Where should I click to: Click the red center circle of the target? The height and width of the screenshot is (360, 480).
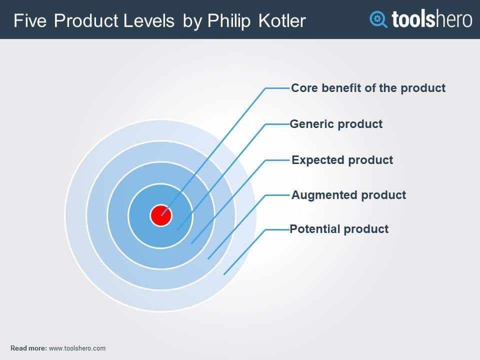point(160,215)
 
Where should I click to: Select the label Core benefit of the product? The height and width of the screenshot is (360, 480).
point(368,88)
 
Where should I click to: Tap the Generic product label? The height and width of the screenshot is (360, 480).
point(336,124)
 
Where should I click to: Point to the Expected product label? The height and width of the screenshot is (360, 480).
point(342,160)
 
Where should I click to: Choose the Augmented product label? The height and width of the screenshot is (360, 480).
point(348,195)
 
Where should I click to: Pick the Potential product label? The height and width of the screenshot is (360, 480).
point(339,229)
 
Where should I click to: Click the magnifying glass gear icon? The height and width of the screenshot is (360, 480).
point(378,19)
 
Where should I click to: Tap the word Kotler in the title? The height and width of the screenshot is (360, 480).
point(282,21)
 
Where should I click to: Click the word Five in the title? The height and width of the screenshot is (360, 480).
point(30,21)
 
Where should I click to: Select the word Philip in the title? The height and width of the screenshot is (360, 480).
point(228,21)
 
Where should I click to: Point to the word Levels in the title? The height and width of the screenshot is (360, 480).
point(149,21)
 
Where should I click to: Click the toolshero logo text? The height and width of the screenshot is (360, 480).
point(431,19)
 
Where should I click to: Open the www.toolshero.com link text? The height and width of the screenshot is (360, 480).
point(77,348)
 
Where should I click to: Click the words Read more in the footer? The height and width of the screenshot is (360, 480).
point(29,348)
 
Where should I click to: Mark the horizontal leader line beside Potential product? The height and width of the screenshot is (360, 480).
point(277,229)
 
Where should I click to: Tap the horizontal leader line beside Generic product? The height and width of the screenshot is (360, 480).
point(277,124)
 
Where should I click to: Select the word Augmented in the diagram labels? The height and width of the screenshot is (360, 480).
point(324,195)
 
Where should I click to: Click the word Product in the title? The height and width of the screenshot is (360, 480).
point(86,21)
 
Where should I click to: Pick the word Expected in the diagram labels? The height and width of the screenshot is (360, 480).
point(318,160)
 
